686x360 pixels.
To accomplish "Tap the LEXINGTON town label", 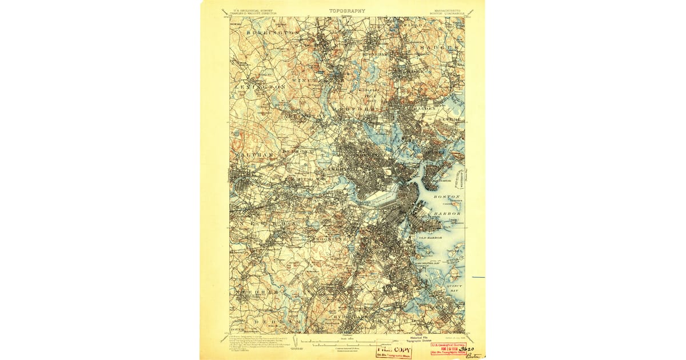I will (x=260, y=86).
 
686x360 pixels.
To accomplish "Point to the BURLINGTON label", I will (x=273, y=34).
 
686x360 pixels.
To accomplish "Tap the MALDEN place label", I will (x=425, y=108).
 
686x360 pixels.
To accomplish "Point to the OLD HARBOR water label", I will (x=430, y=237).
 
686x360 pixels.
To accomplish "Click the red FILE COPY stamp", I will (x=393, y=350).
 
